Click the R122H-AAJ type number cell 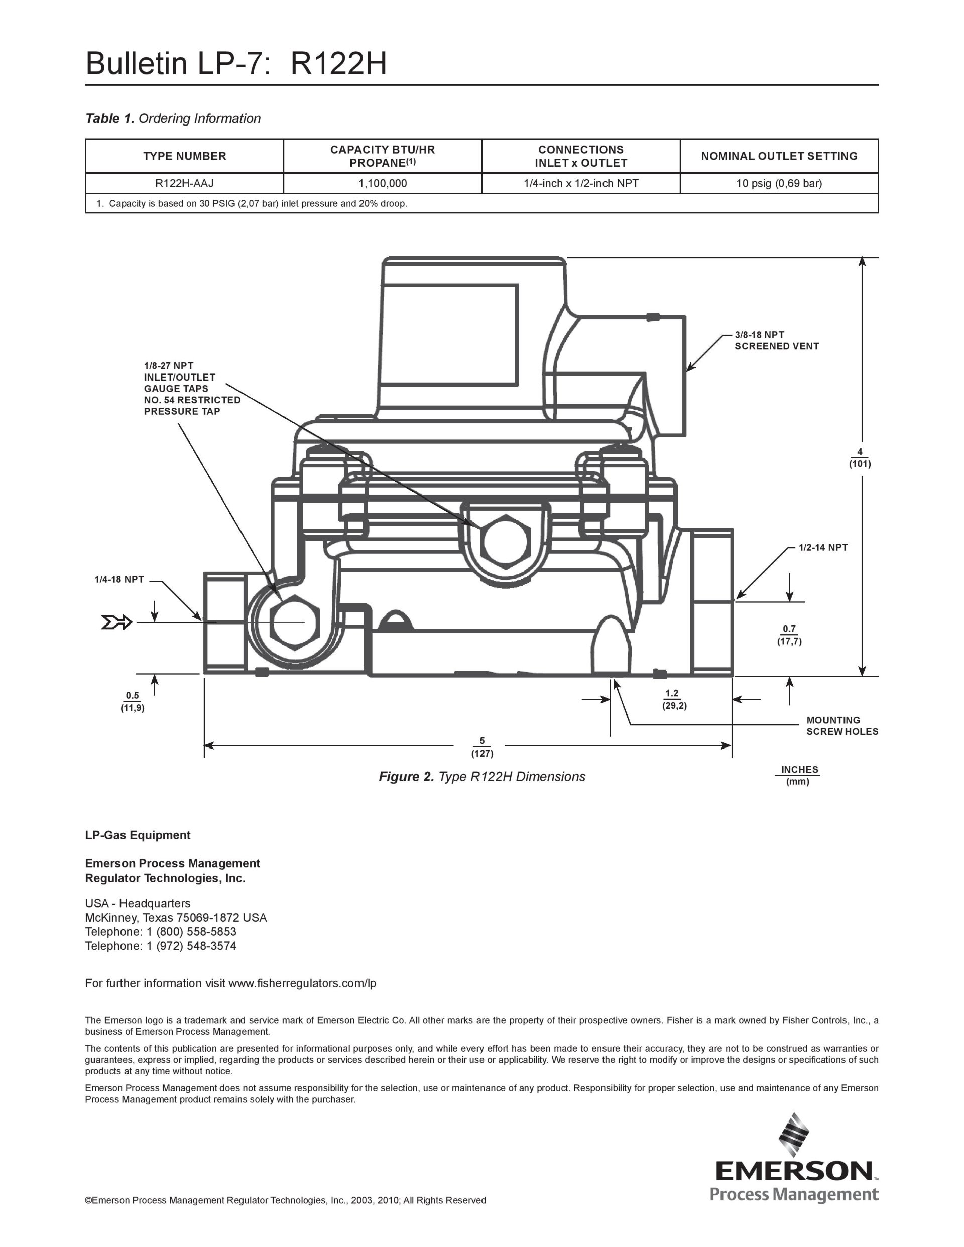tap(184, 183)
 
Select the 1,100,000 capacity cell tap(383, 183)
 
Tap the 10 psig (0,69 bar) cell tap(779, 183)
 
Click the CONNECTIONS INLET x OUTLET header tap(581, 156)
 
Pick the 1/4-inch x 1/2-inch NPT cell tap(581, 183)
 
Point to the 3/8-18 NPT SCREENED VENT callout tap(777, 340)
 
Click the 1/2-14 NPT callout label tap(823, 547)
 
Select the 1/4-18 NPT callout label tap(119, 579)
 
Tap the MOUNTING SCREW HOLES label tap(842, 726)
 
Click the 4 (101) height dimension tap(860, 458)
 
